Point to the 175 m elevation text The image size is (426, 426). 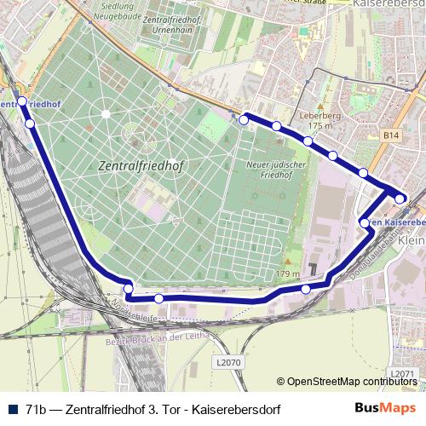point(320,126)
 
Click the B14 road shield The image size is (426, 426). point(390,135)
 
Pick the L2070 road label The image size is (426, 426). point(229,363)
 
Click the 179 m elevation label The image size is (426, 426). point(289,274)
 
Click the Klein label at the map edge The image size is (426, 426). point(411,242)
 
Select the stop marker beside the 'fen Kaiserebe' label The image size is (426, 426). point(366,223)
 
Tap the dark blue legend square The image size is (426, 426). point(10,409)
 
